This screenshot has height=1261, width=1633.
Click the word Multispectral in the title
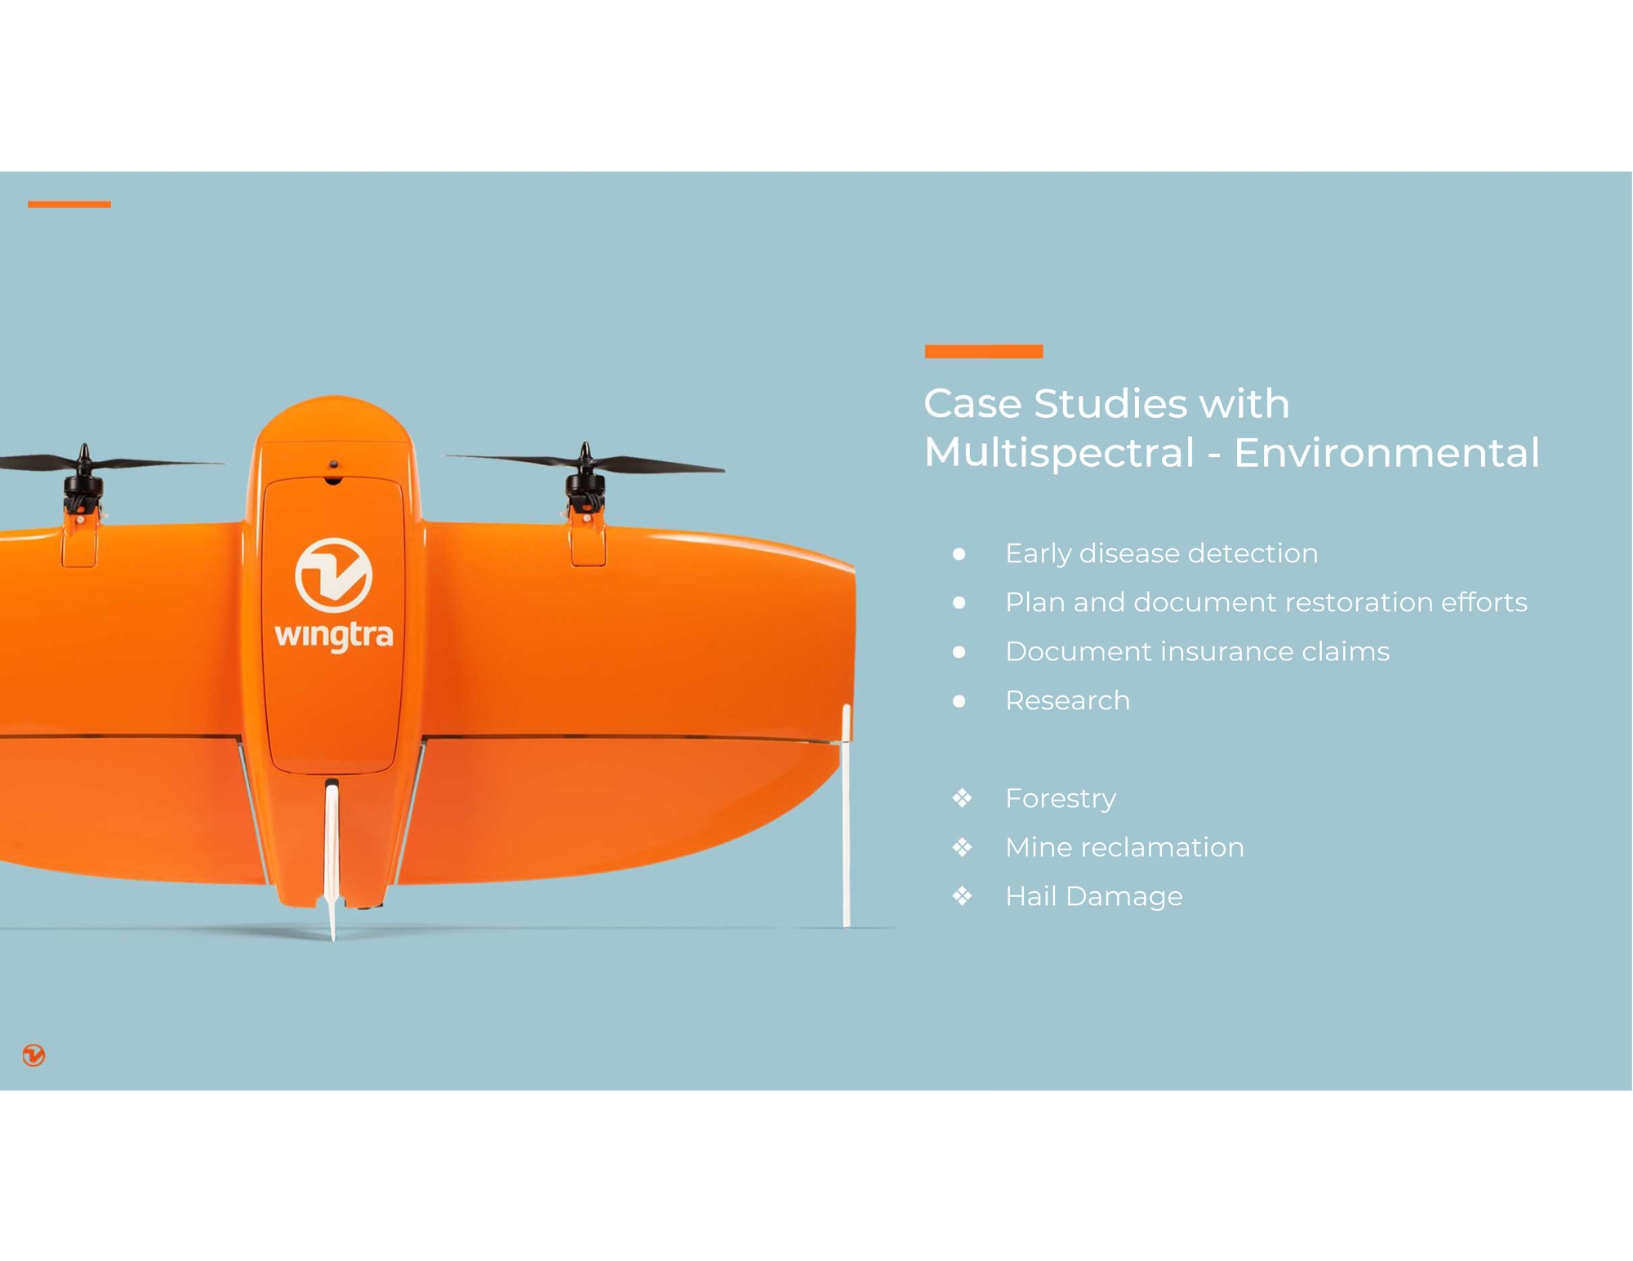click(x=1059, y=453)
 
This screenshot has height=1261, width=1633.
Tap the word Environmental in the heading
click(x=1386, y=452)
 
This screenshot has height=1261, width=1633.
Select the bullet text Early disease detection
click(x=1161, y=553)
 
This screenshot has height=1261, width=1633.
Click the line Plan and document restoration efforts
click(x=1266, y=602)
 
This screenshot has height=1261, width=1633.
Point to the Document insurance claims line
click(x=1197, y=651)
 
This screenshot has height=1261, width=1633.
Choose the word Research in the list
click(x=1067, y=700)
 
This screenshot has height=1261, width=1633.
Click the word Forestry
click(x=1061, y=798)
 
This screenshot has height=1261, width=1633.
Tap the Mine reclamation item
click(x=1124, y=847)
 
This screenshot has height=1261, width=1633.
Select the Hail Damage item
click(x=1094, y=896)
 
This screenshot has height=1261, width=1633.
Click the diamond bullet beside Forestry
click(x=962, y=797)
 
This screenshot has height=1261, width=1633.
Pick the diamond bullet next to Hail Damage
click(x=962, y=895)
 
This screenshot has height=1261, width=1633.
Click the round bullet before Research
click(x=959, y=700)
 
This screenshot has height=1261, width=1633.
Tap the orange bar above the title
click(x=983, y=352)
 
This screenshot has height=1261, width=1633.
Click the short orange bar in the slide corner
click(x=69, y=204)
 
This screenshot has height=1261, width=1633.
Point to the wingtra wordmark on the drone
click(x=334, y=635)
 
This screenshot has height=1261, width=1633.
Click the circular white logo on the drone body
click(x=333, y=575)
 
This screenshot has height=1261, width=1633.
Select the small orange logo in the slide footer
click(x=33, y=1055)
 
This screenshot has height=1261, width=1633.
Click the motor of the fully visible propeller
click(x=585, y=490)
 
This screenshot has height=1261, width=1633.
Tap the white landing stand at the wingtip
click(x=847, y=816)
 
